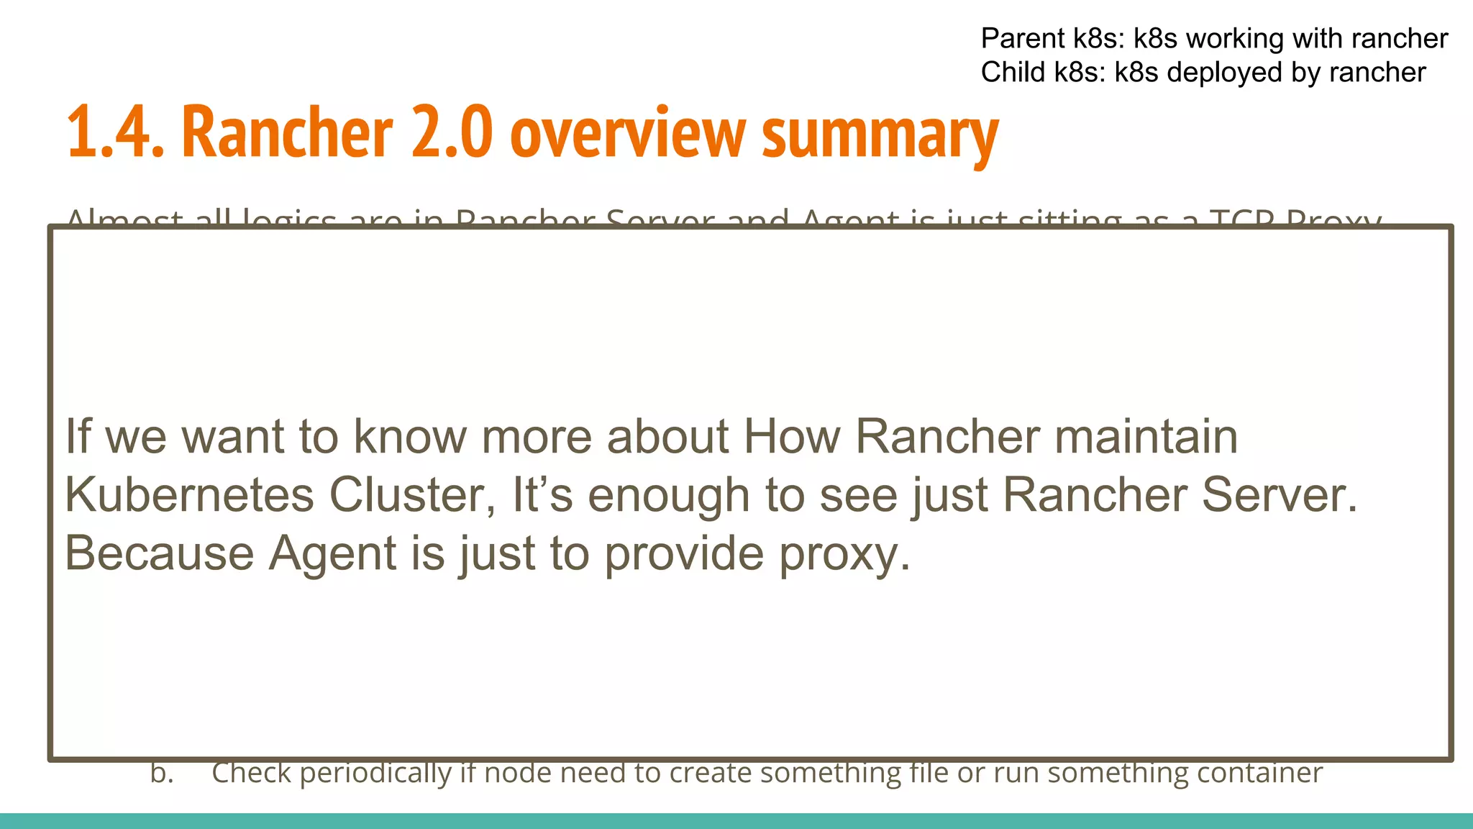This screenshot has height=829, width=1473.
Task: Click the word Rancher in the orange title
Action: point(287,132)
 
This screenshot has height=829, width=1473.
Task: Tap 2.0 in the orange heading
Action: point(452,132)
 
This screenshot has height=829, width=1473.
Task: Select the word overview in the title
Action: point(627,134)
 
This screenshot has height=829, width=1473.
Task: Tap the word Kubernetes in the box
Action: point(189,495)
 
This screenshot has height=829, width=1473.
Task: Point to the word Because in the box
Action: point(159,553)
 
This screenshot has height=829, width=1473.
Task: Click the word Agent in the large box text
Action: point(332,555)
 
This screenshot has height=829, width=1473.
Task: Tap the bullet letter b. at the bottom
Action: point(162,773)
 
